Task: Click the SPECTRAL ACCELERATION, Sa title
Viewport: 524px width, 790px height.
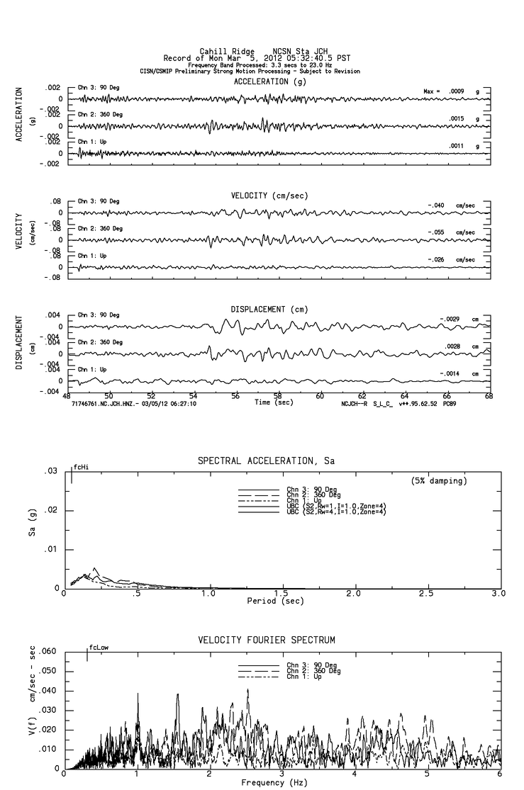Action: coord(266,461)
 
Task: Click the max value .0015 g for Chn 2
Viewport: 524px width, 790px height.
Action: coord(460,118)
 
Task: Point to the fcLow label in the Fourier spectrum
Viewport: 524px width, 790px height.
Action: coord(99,648)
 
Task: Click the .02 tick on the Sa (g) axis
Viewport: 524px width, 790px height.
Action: coord(51,511)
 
